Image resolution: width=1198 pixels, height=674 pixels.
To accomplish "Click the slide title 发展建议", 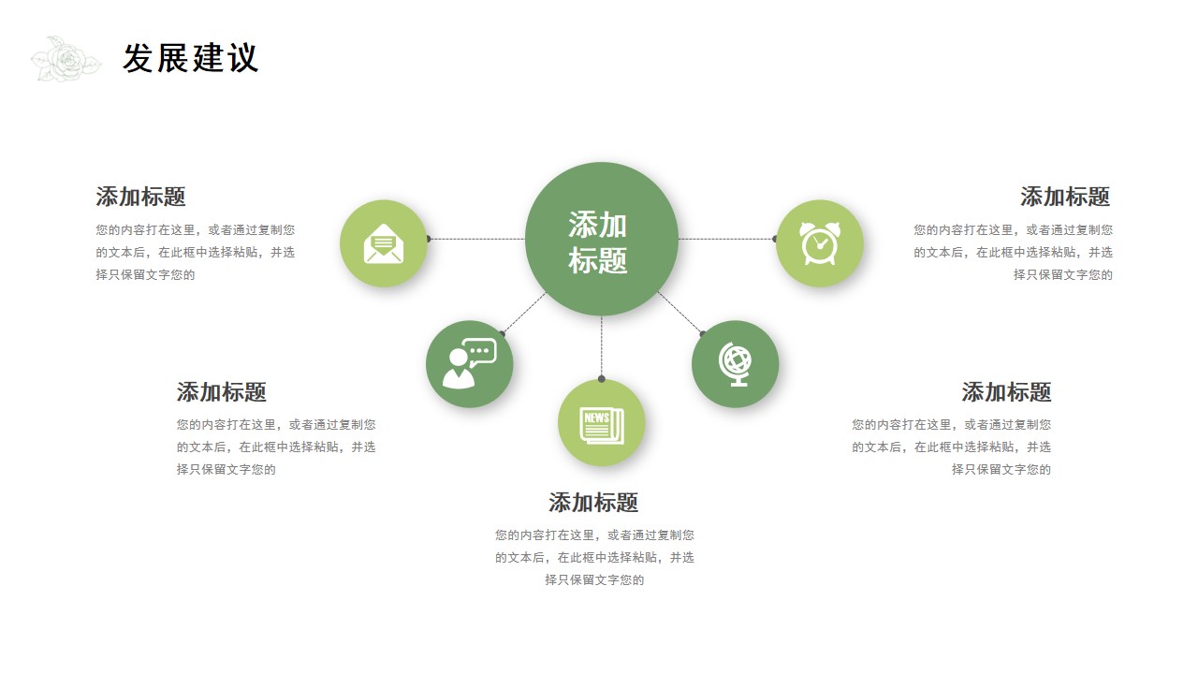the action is coord(191,58).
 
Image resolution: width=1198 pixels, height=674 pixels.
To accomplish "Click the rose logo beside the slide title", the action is coord(66,59).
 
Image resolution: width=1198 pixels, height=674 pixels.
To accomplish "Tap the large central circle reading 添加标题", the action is coord(602,239).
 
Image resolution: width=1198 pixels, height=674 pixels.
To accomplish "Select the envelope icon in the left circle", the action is coord(384,244).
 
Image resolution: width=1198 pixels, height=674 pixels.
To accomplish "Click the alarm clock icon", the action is coord(819,243).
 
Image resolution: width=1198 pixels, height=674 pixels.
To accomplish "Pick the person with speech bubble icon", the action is coord(469,363).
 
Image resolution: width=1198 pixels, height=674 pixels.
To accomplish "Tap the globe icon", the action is coord(735,364).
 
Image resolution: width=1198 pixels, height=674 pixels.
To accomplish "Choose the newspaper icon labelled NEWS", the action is coord(602,425).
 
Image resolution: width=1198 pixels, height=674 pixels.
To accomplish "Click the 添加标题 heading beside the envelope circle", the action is coord(140,197).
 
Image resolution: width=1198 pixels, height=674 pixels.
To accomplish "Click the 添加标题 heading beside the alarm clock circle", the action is coord(1065,197).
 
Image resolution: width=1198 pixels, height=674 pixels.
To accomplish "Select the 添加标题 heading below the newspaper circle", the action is coord(593,503).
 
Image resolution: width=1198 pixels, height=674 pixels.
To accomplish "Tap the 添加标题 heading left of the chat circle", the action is coord(222,392).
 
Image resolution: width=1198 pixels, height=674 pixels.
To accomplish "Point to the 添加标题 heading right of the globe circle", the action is coord(1006,392).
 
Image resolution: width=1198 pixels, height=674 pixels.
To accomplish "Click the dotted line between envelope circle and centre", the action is coord(477,239).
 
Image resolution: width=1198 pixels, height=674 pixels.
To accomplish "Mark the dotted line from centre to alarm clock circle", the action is coord(726,239).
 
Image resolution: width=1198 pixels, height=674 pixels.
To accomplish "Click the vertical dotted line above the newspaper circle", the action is coord(602,346).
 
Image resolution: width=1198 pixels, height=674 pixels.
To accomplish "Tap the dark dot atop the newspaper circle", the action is coord(602,379).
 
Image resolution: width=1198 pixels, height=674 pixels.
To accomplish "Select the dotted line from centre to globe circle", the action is coord(679,313).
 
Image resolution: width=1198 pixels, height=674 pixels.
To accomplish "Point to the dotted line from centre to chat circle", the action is coord(524,313).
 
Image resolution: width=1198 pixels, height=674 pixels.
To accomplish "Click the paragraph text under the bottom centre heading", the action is coord(594,557).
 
